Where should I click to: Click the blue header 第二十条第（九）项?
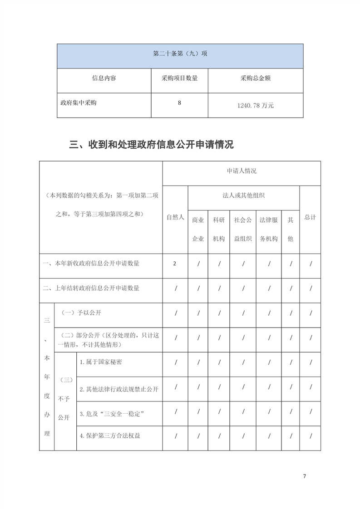[180, 54]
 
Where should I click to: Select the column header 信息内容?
[104, 78]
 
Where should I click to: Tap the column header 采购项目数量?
[179, 78]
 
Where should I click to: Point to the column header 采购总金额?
[255, 78]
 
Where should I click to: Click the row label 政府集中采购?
[79, 103]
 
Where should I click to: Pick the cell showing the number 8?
[179, 103]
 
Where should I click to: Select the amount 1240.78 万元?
[255, 105]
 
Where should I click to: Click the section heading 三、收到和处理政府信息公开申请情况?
[151, 145]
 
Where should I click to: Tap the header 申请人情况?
[242, 171]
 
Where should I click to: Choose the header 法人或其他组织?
[243, 196]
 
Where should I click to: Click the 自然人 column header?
[175, 217]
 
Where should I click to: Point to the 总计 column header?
[310, 217]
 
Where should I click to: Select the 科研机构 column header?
[219, 229]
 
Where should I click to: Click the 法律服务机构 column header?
[268, 229]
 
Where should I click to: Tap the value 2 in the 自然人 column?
[175, 264]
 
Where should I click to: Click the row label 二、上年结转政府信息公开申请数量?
[91, 288]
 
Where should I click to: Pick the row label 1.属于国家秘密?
[100, 362]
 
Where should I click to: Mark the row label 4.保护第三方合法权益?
[109, 436]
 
